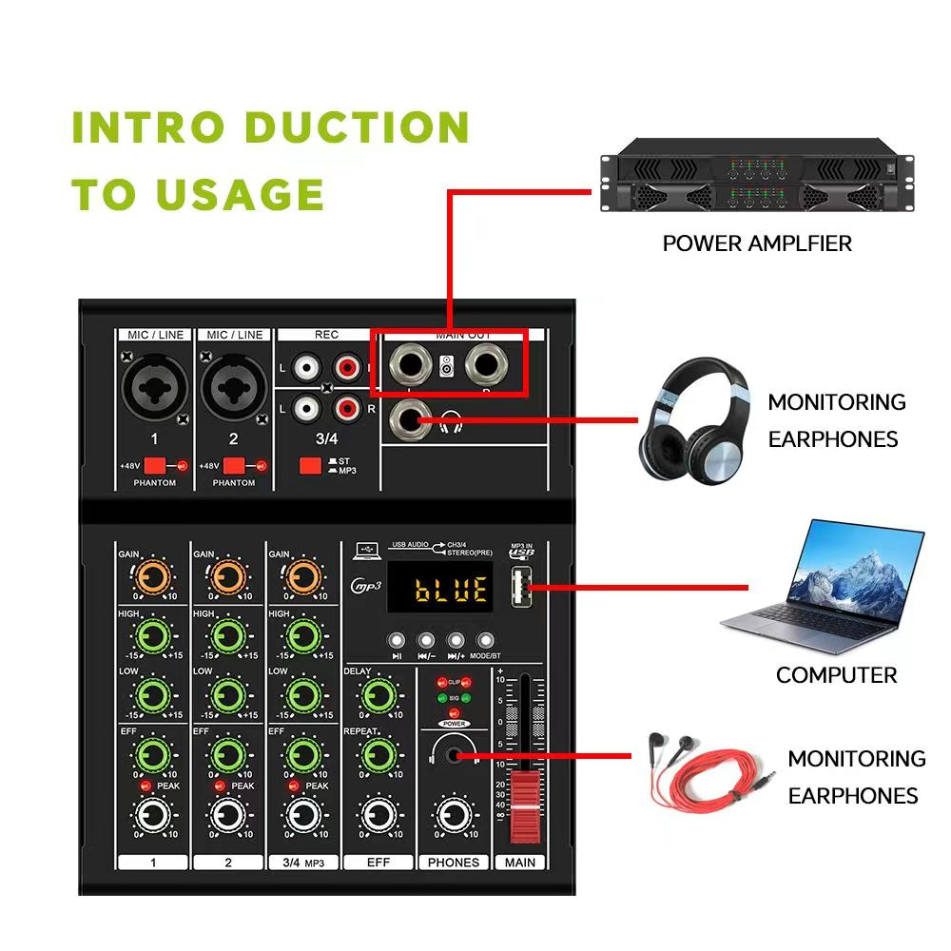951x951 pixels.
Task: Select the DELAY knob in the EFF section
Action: click(378, 694)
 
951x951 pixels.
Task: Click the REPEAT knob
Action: click(378, 756)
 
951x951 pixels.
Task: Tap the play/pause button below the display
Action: click(397, 640)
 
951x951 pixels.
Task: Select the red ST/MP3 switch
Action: click(309, 466)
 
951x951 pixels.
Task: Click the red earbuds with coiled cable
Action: click(704, 768)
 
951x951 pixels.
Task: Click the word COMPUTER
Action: click(836, 675)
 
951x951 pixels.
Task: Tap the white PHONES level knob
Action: click(453, 815)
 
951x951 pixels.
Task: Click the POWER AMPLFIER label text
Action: click(757, 243)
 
